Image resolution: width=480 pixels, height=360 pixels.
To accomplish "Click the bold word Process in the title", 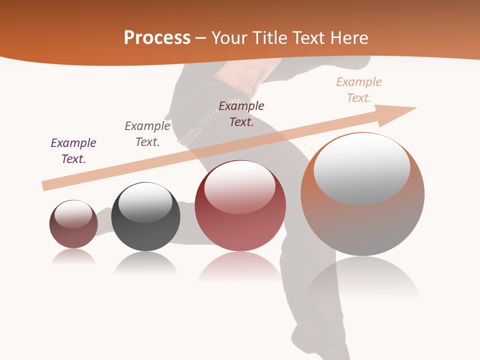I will [157, 38].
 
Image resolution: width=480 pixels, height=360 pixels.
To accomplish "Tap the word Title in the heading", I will [270, 38].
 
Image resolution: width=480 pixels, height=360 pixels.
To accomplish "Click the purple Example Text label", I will [73, 151].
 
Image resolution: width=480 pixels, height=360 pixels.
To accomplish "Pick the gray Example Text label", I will [147, 134].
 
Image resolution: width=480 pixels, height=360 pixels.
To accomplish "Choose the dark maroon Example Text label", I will [241, 114].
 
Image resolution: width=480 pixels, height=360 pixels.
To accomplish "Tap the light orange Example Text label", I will [359, 90].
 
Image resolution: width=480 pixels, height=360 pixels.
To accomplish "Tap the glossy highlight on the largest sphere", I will [362, 168].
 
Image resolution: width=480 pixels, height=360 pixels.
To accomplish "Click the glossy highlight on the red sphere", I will [240, 186].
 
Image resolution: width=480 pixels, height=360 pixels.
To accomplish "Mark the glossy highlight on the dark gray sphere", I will [145, 201].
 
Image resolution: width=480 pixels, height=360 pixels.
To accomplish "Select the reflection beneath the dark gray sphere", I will [145, 263].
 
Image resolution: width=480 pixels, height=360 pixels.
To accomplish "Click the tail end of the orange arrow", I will [46, 185].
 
